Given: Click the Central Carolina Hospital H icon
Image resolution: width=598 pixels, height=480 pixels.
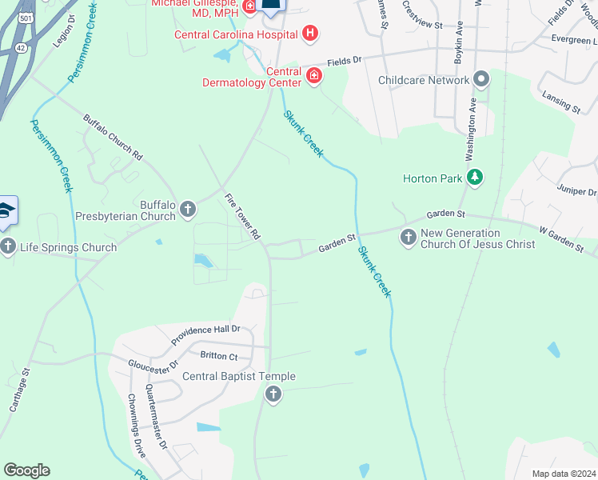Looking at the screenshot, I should coord(311,34).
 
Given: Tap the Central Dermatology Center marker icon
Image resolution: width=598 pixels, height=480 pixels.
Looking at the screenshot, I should coord(314,77).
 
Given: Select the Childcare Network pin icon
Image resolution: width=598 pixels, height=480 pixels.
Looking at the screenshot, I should coord(481,80).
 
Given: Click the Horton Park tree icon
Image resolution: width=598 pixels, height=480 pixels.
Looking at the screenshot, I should coord(476,177).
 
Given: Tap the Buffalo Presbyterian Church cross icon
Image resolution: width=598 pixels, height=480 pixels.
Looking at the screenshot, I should coord(188,210).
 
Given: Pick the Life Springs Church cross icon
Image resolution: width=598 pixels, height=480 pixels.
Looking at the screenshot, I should coord(9,246).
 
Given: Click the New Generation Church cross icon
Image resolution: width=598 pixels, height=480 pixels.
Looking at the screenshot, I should coord(409,237).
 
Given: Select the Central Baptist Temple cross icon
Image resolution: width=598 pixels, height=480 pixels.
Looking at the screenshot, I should coord(273,394).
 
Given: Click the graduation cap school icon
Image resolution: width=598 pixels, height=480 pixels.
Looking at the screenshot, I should coord(6,210).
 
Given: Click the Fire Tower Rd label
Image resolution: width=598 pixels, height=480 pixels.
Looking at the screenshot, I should coord(243,216).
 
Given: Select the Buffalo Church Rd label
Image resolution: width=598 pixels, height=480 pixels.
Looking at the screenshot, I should coord(113,137).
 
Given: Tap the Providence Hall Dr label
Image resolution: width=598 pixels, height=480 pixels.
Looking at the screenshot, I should coord(205,333).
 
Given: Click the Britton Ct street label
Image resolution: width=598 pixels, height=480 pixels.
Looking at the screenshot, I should coord(219,355).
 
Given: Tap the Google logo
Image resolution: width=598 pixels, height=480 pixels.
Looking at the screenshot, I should coord(26,470).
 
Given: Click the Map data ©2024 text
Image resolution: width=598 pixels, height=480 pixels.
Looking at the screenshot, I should coord(563,474).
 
